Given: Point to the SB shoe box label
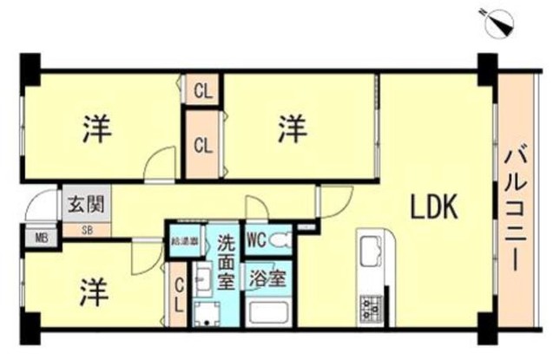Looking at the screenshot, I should (x=86, y=230).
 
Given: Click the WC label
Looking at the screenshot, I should (x=257, y=239).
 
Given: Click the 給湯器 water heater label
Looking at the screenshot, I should (x=186, y=240).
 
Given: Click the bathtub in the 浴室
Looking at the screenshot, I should (x=267, y=310).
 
